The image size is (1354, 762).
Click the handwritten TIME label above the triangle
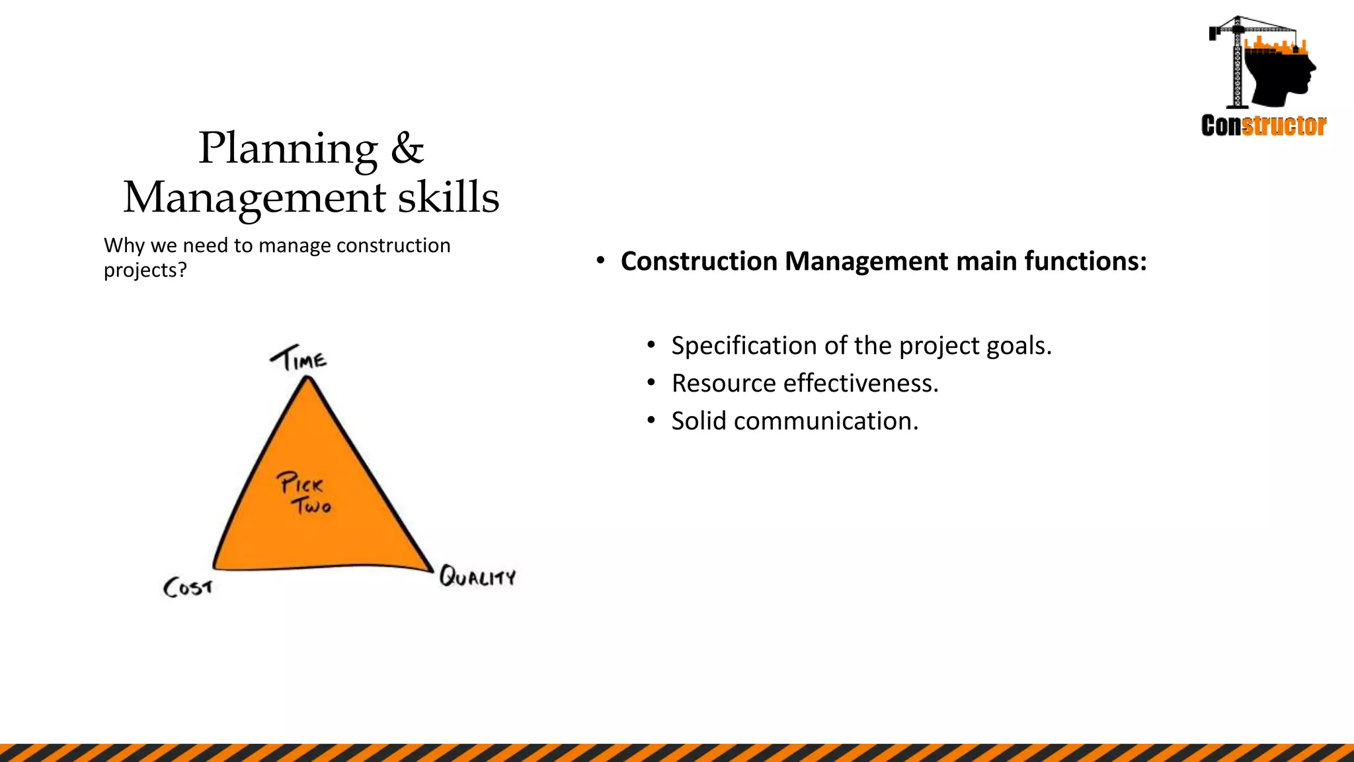coord(298,359)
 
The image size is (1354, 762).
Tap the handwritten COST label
coord(188,587)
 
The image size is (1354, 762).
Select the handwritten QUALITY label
coord(477,577)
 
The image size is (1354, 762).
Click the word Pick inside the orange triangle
coord(300,483)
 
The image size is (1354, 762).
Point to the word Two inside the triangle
coord(312,507)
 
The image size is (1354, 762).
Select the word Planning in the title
coord(288,149)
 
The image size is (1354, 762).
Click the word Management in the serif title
coord(255,198)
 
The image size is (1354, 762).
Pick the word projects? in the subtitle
coord(145,270)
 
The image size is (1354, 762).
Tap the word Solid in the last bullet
coord(699,421)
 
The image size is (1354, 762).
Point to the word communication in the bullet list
coord(826,421)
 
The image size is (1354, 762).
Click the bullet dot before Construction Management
coord(600,261)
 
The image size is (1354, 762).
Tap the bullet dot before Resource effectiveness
coord(651,383)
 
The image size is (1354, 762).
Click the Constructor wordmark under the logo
coord(1263,126)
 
